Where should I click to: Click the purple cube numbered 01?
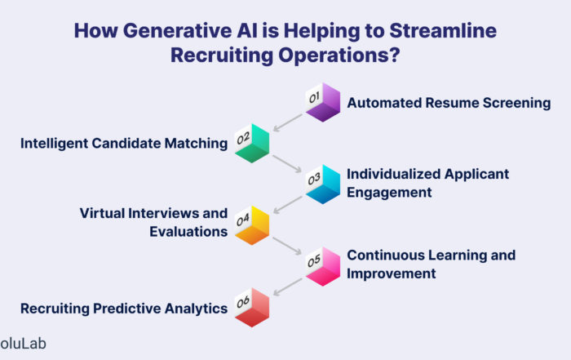pyautogui.click(x=323, y=102)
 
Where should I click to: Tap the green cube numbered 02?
pyautogui.click(x=252, y=143)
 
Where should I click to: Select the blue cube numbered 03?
pyautogui.click(x=323, y=184)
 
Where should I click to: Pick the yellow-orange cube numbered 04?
pyautogui.click(x=252, y=225)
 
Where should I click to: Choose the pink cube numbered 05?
pyautogui.click(x=323, y=266)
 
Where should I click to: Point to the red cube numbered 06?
pyautogui.click(x=252, y=308)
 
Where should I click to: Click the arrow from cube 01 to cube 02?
pyautogui.click(x=288, y=122)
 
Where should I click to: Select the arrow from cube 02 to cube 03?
pyautogui.click(x=287, y=163)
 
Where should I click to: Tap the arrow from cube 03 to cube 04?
pyautogui.click(x=288, y=204)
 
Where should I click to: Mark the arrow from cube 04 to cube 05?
pyautogui.click(x=287, y=246)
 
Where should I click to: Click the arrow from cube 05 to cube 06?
pyautogui.click(x=288, y=287)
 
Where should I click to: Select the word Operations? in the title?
pyautogui.click(x=339, y=56)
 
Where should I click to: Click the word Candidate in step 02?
pyautogui.click(x=126, y=143)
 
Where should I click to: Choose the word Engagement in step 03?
pyautogui.click(x=389, y=193)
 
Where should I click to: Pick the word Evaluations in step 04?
pyautogui.click(x=188, y=232)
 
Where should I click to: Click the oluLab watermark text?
pyautogui.click(x=23, y=344)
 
